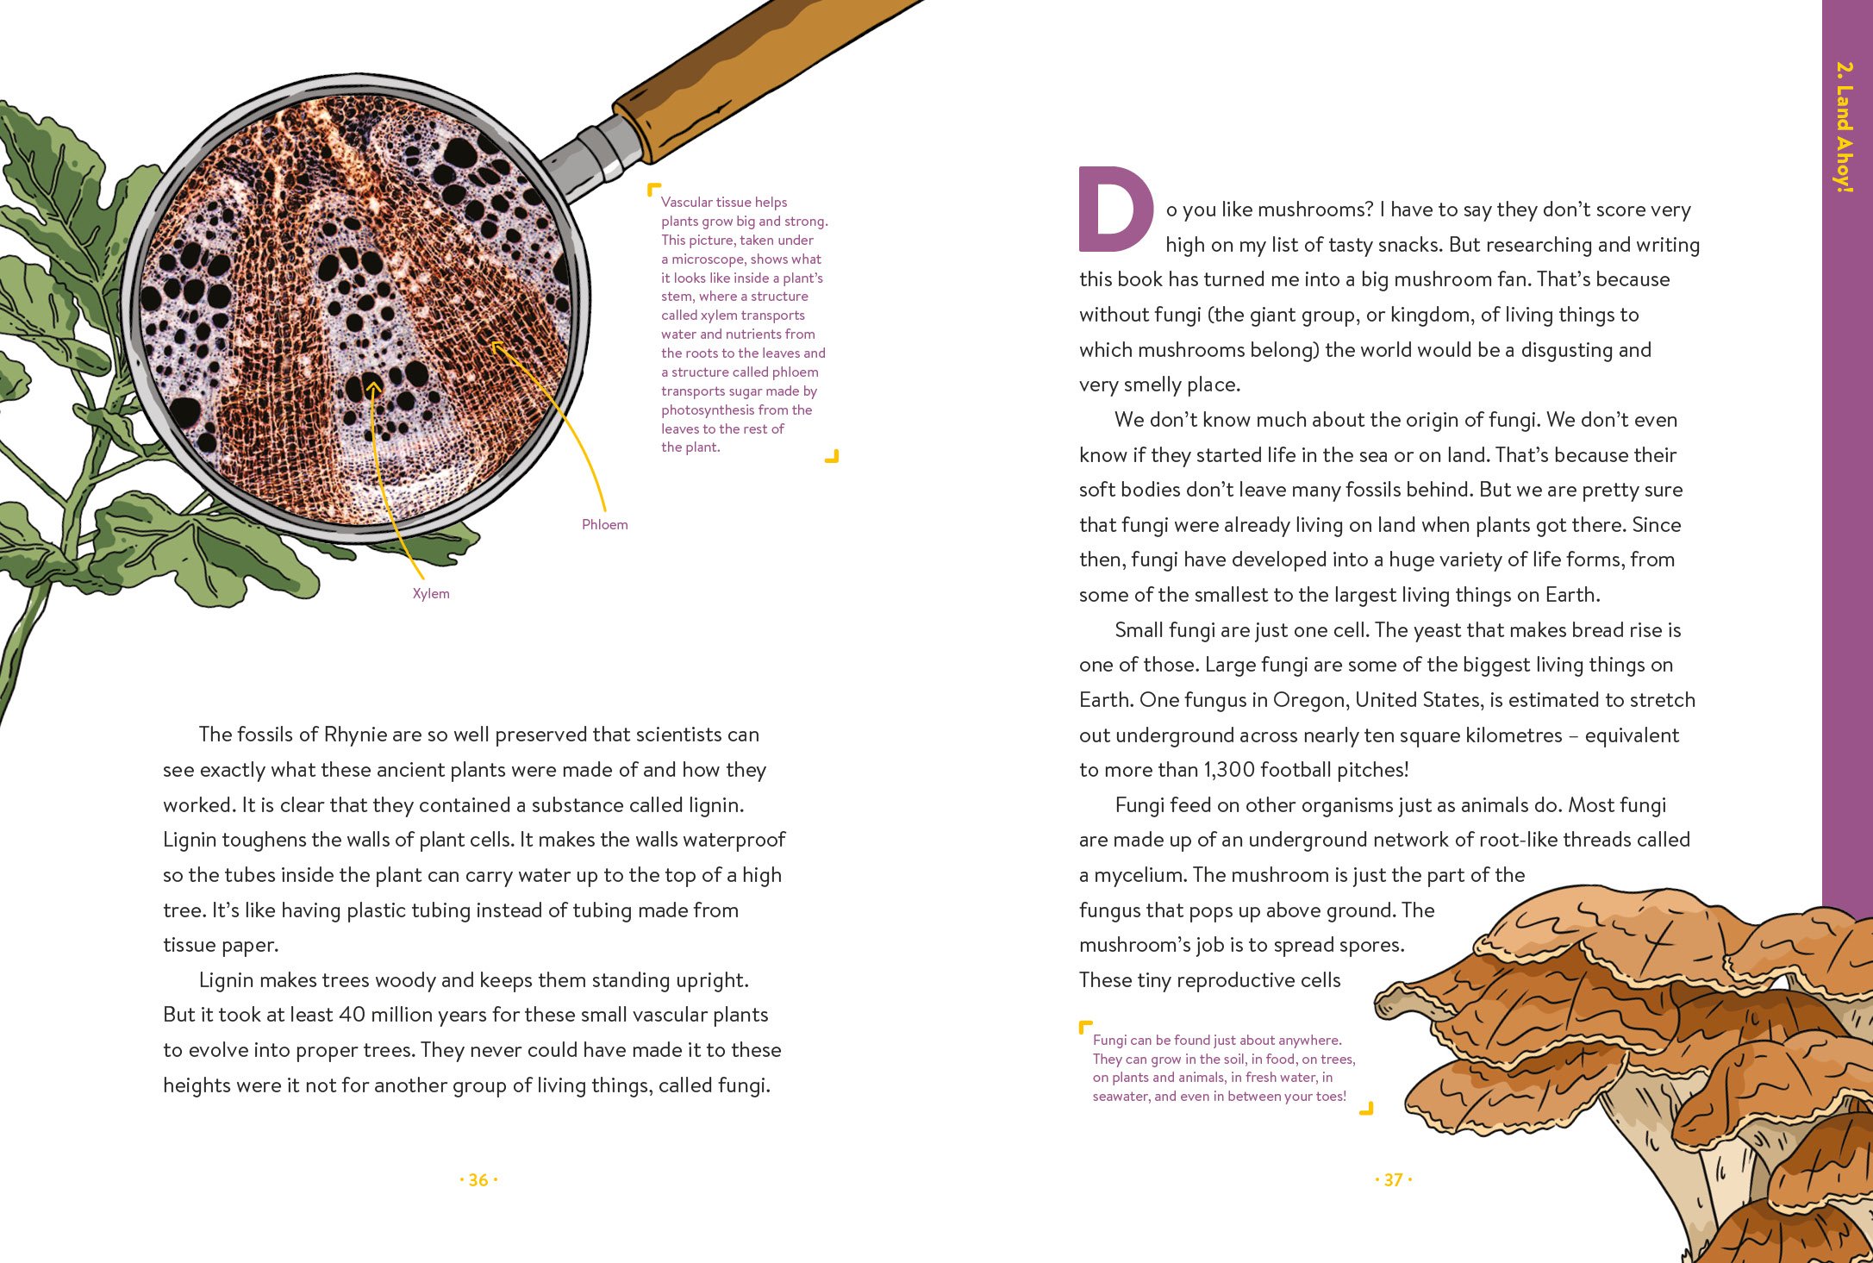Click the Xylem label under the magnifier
(x=431, y=593)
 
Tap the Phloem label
(x=604, y=524)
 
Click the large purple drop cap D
(x=1116, y=209)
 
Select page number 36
(x=478, y=1179)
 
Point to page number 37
(x=1394, y=1179)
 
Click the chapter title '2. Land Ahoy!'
(x=1844, y=126)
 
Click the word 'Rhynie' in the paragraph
(x=353, y=735)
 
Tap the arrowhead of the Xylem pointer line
(x=372, y=387)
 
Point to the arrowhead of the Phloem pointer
(x=496, y=347)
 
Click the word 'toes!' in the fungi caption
(x=1329, y=1097)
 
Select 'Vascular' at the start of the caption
(x=686, y=203)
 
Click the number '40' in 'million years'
(x=352, y=1015)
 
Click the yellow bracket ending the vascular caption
(x=832, y=456)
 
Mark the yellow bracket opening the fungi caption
(x=1086, y=1027)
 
